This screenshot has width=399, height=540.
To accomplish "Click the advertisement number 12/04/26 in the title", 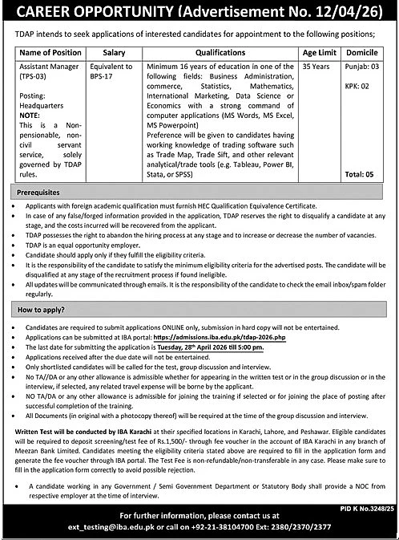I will [x=345, y=12].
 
